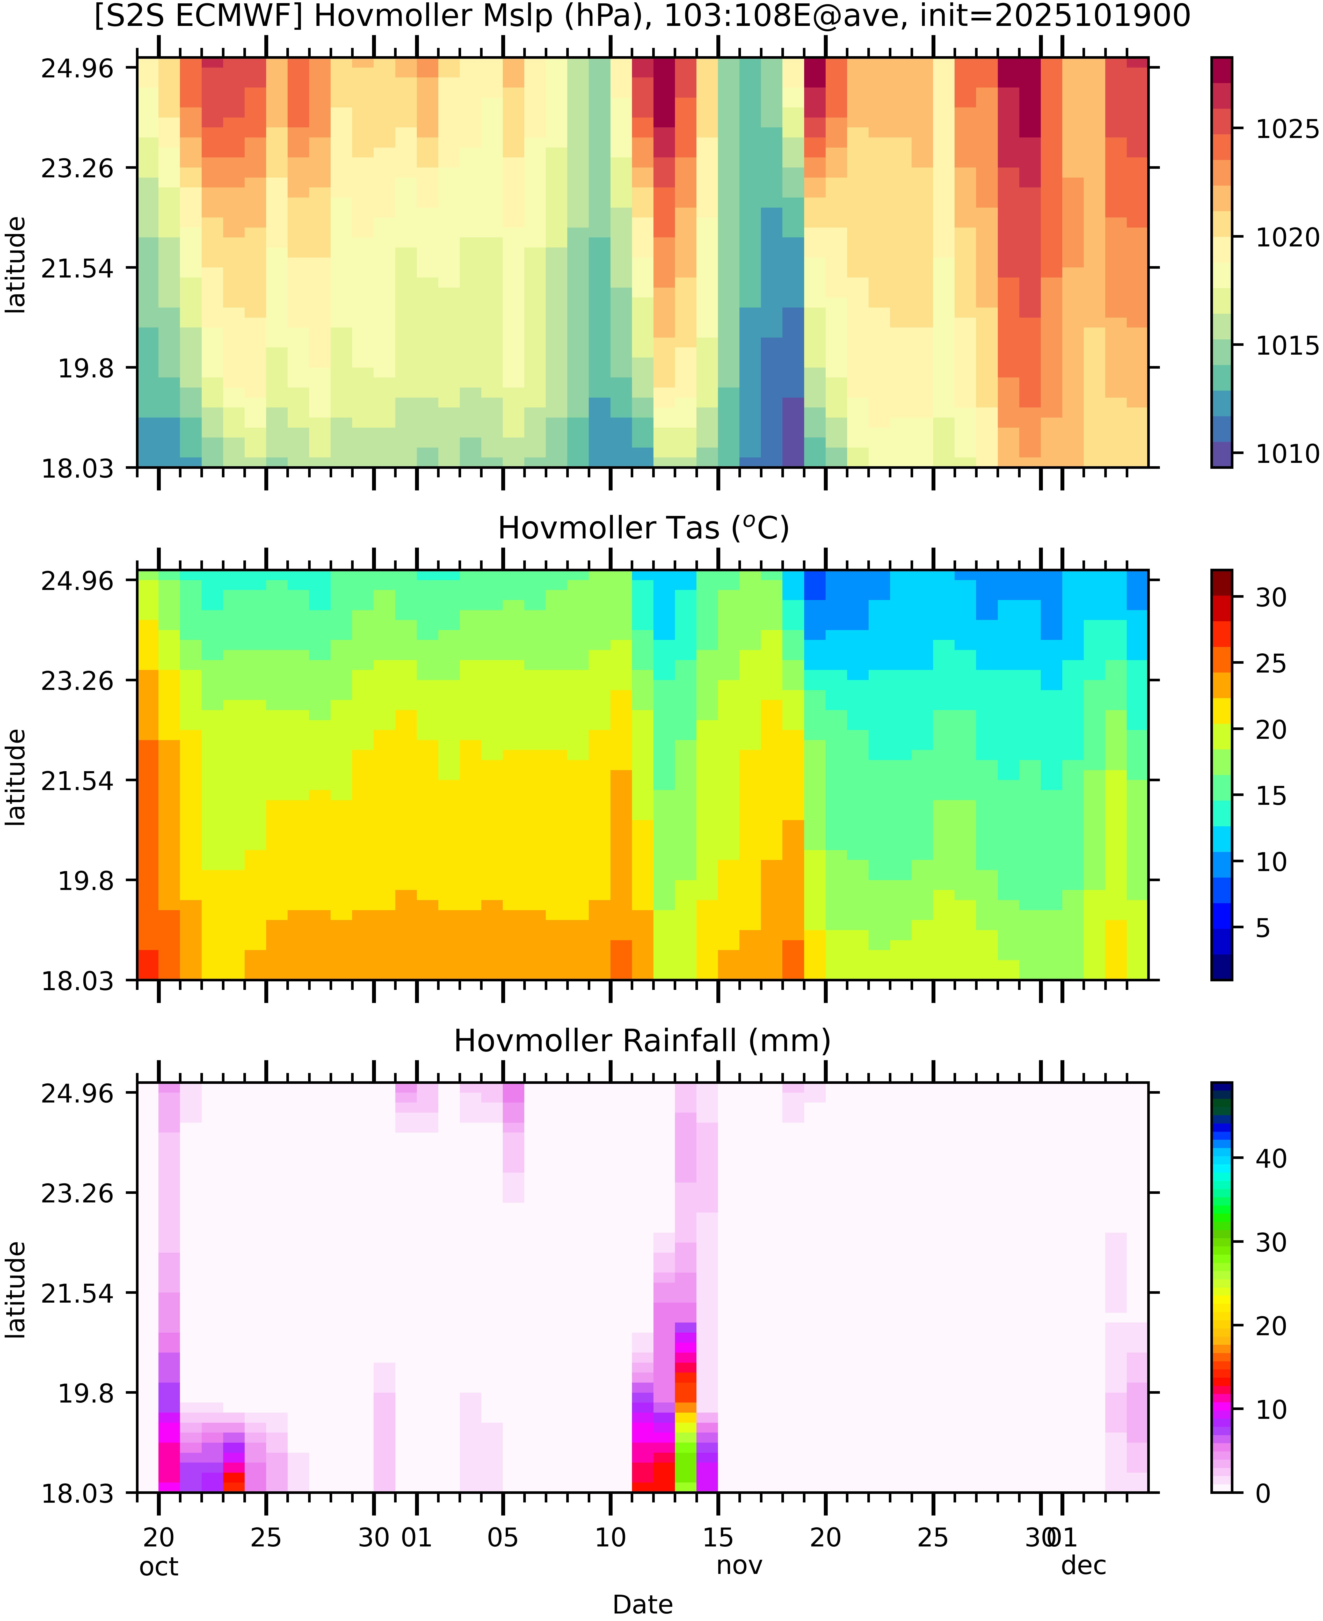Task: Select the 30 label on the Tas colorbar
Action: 1271,597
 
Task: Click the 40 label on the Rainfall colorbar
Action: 1271,1158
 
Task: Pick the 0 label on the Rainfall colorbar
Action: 1263,1493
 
